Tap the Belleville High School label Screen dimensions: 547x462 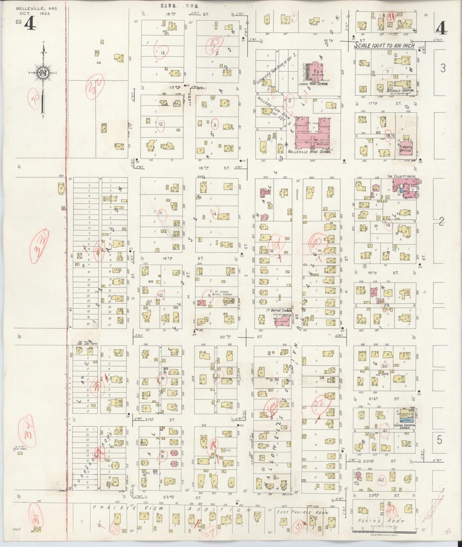(309, 152)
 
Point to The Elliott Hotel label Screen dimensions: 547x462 (398, 176)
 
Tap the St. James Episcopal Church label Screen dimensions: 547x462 (221, 293)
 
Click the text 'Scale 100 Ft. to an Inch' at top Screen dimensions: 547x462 (384, 46)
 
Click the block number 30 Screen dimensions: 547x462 (384, 366)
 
